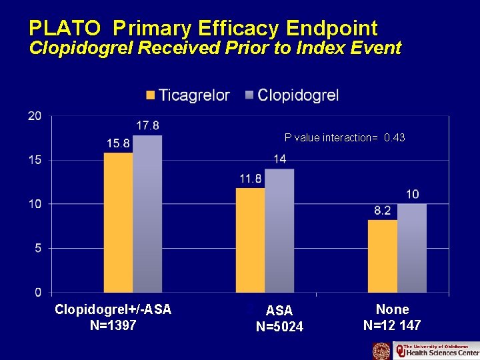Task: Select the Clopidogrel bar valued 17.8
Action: tap(147, 213)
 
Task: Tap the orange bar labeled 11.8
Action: tap(251, 240)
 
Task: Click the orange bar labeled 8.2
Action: tap(383, 256)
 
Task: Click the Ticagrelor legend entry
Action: tap(188, 95)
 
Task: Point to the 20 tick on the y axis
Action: tap(34, 116)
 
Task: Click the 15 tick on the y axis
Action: tap(34, 160)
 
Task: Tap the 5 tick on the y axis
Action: tap(37, 248)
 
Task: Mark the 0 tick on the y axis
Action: tap(37, 292)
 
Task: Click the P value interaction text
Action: tap(344, 137)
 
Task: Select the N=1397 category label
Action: tap(113, 325)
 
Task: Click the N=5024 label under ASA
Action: tap(279, 327)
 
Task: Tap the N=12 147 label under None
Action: tap(392, 325)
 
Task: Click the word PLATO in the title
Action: tap(65, 28)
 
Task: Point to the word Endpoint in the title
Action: tap(331, 28)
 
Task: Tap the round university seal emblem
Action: tap(381, 351)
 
